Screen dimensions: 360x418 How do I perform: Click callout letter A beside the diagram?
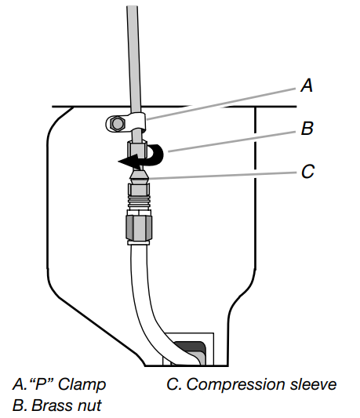tap(307, 85)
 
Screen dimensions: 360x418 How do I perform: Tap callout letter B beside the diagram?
tap(307, 129)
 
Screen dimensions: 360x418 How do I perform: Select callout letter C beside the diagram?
tap(307, 171)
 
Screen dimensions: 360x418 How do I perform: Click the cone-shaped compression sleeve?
tap(139, 176)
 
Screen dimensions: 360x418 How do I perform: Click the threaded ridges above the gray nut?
tap(139, 202)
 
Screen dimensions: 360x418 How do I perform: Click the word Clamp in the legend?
tap(82, 384)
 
